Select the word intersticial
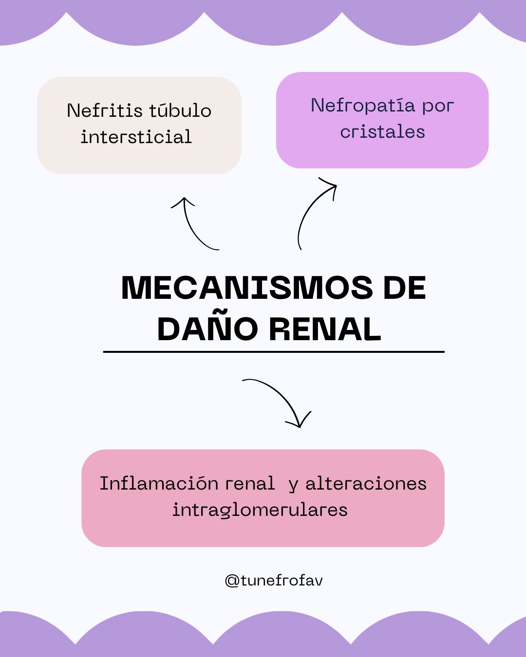pos(136,137)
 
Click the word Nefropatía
pos(363,106)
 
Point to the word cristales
pos(382,132)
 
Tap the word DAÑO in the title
pos(207,329)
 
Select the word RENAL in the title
pos(325,329)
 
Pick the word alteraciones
pos(366,484)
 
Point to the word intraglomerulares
pos(260,510)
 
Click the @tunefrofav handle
pos(274,581)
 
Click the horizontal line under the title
pos(274,351)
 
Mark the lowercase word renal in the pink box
pos(250,484)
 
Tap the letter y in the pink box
pos(293,486)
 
